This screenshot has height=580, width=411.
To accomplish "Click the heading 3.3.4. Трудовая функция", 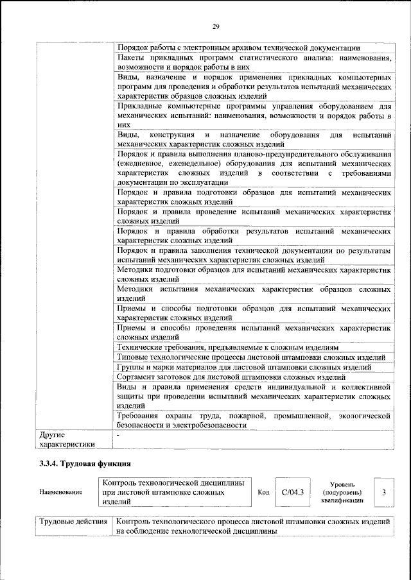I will pyautogui.click(x=85, y=463).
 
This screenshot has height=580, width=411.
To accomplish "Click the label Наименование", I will pyautogui.click(x=61, y=492).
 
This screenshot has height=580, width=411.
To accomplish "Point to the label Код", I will pyautogui.click(x=263, y=492).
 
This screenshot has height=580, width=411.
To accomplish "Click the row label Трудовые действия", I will pyautogui.click(x=73, y=522).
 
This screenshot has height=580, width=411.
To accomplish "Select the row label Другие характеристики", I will pyautogui.click(x=67, y=439).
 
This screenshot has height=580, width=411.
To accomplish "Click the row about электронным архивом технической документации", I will pyautogui.click(x=238, y=48).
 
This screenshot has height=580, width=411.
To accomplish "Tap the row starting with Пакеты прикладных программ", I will pyautogui.click(x=254, y=62).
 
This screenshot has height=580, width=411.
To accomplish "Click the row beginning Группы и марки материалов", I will pyautogui.click(x=245, y=367).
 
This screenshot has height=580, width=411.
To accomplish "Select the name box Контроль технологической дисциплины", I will pyautogui.click(x=173, y=492).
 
